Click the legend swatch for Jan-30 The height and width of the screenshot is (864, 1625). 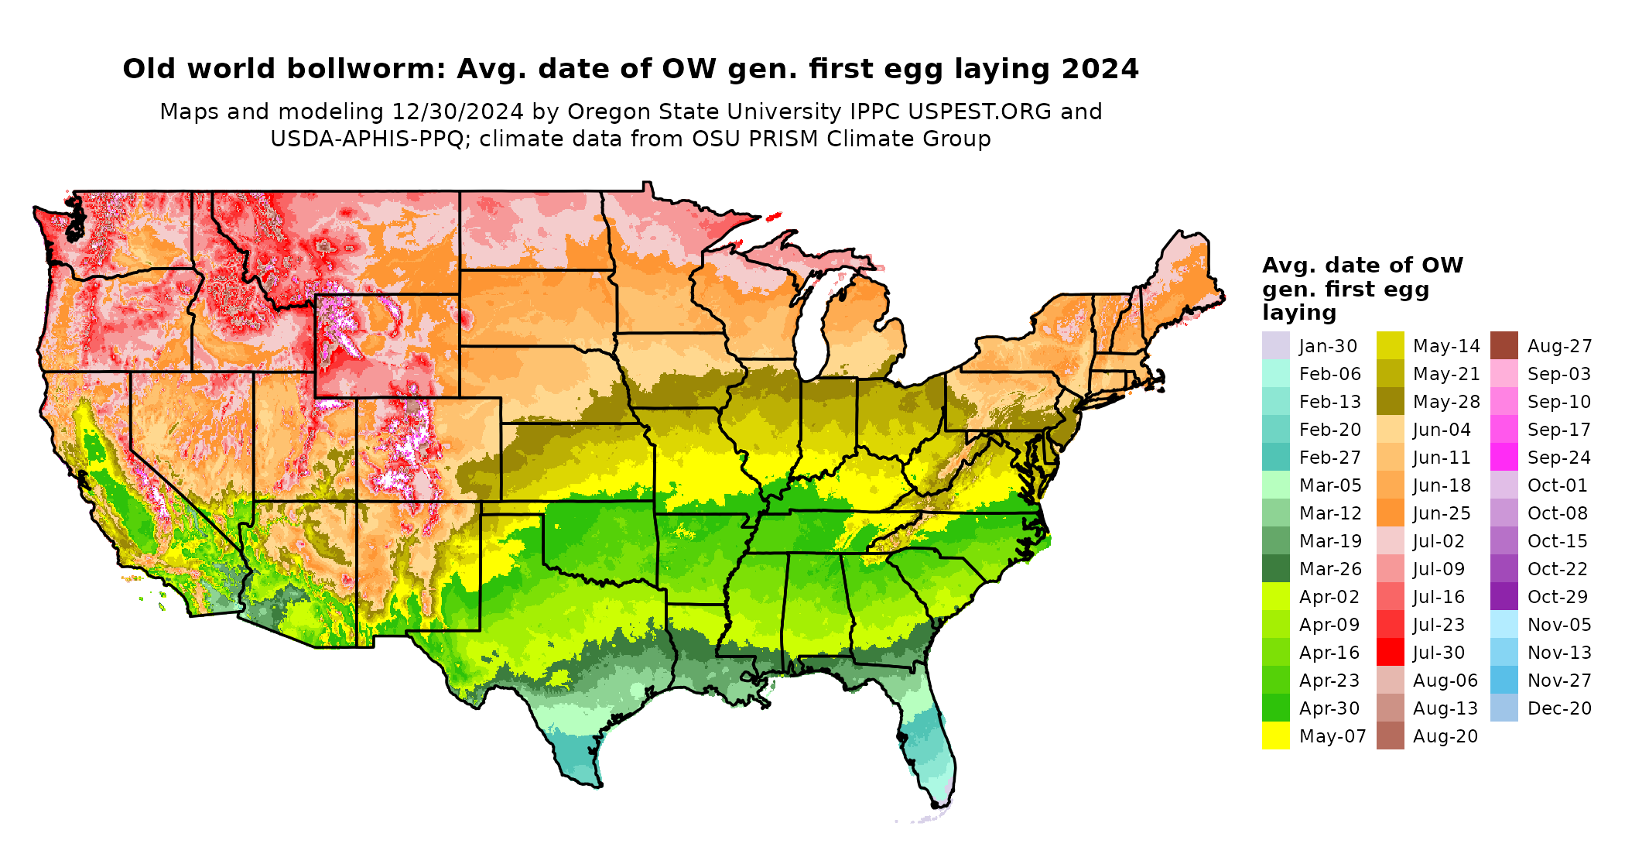[1276, 345]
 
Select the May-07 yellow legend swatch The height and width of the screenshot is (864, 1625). [1276, 735]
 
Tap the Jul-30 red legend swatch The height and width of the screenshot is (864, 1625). [1390, 652]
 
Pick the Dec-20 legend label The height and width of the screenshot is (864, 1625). [1559, 708]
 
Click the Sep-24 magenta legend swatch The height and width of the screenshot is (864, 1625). [1504, 457]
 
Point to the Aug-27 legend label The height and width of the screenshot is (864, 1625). [1559, 346]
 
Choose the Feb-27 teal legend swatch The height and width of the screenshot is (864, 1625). [1276, 457]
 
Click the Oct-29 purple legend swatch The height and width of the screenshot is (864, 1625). [1504, 596]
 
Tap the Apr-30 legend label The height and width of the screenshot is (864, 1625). [1329, 708]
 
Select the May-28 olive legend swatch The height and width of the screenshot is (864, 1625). [1390, 401]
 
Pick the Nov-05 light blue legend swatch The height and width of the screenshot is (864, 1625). [1504, 624]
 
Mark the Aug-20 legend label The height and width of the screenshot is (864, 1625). [1445, 736]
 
